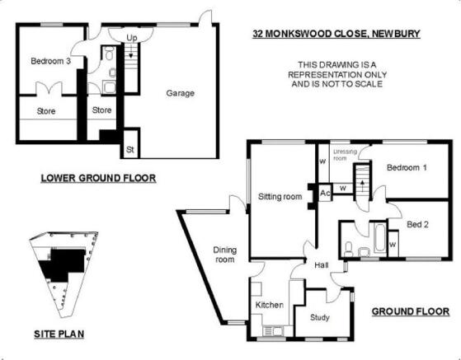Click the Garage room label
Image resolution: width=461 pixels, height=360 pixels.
click(181, 93)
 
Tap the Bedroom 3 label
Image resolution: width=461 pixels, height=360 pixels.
click(51, 61)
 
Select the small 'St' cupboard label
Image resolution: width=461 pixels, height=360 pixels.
click(130, 149)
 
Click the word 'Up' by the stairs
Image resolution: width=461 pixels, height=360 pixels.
click(132, 38)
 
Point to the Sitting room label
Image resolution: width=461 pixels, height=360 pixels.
click(280, 196)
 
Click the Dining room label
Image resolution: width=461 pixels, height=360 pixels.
click(225, 255)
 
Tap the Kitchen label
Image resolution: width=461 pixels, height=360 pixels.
click(270, 305)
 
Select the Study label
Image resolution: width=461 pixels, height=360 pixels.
click(320, 317)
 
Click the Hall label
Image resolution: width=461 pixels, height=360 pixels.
click(322, 265)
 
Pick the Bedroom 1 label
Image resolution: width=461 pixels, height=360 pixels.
click(407, 168)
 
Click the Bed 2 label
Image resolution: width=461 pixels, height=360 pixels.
click(417, 225)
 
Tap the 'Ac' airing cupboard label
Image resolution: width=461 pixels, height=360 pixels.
click(325, 193)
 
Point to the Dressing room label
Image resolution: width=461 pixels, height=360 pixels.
click(345, 155)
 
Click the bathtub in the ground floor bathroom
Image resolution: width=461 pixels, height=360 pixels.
click(380, 237)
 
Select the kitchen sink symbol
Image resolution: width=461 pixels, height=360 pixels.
click(272, 331)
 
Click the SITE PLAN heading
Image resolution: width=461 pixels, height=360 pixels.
click(59, 334)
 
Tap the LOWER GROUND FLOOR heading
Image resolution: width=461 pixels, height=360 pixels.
click(98, 178)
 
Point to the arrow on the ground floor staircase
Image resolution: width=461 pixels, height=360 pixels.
click(362, 185)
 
